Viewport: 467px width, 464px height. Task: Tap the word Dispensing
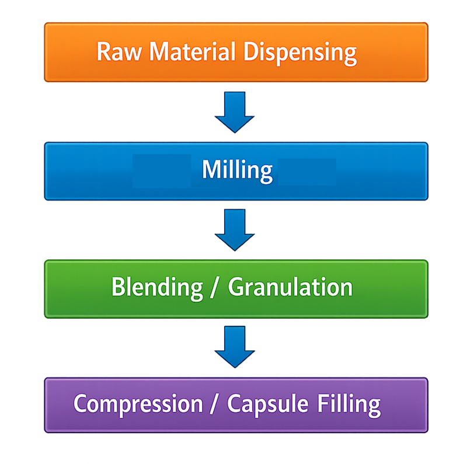pos(300,53)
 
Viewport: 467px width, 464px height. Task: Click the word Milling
pos(237,171)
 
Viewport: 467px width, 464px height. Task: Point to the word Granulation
pos(290,287)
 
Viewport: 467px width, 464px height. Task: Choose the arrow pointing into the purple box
pos(235,347)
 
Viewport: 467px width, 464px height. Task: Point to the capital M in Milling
pos(210,170)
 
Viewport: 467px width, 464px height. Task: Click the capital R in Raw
pos(103,52)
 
